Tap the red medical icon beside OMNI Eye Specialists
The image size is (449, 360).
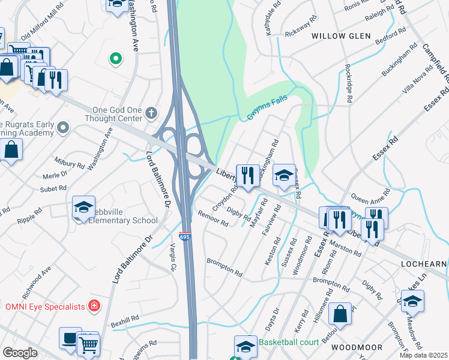pos(94,307)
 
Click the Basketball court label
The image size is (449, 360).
pos(286,342)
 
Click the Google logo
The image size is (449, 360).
pos(20,353)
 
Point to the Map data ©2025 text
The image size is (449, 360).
pos(423,355)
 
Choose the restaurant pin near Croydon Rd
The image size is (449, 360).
pos(247,176)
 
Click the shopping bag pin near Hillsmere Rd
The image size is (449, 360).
pos(340,314)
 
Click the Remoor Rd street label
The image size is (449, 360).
pos(213,219)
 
